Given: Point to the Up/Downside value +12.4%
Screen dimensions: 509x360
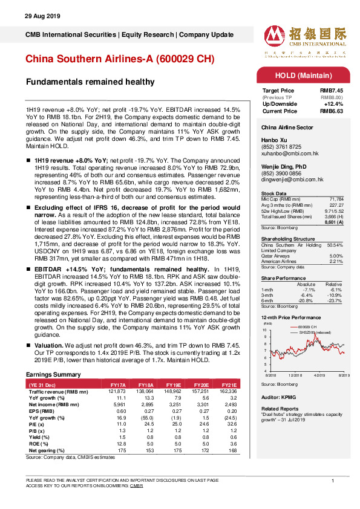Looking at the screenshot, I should tap(341, 103).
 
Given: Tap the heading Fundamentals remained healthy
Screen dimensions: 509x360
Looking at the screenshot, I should tap(90, 82).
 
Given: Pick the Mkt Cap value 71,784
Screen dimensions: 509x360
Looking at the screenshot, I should tap(344, 198).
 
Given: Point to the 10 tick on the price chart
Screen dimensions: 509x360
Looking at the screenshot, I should tap(265, 330).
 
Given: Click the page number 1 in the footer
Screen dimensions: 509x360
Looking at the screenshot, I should tap(333, 480).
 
